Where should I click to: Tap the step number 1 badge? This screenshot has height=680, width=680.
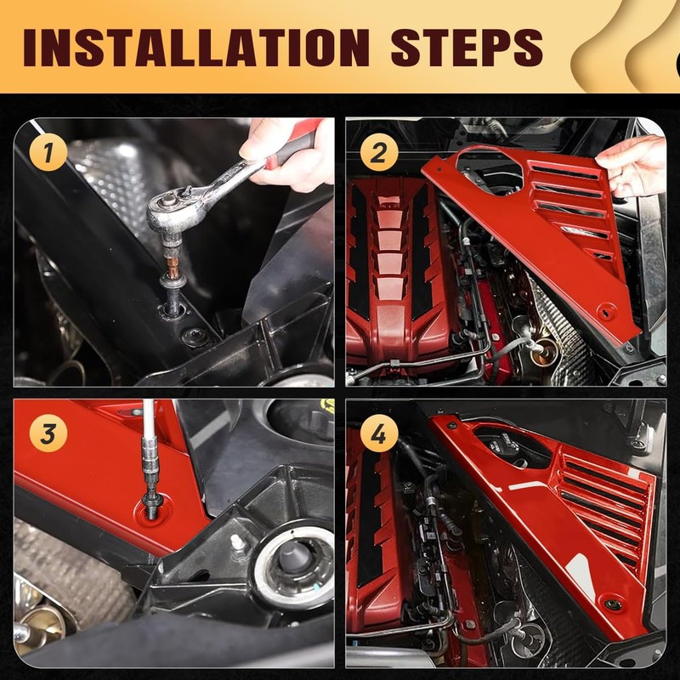tap(49, 153)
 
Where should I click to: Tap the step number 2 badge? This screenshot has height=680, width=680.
tap(379, 153)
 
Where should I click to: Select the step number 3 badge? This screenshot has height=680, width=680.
tap(49, 434)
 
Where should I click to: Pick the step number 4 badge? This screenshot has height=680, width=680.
tap(379, 434)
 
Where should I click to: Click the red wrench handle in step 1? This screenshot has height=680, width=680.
tap(293, 149)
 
